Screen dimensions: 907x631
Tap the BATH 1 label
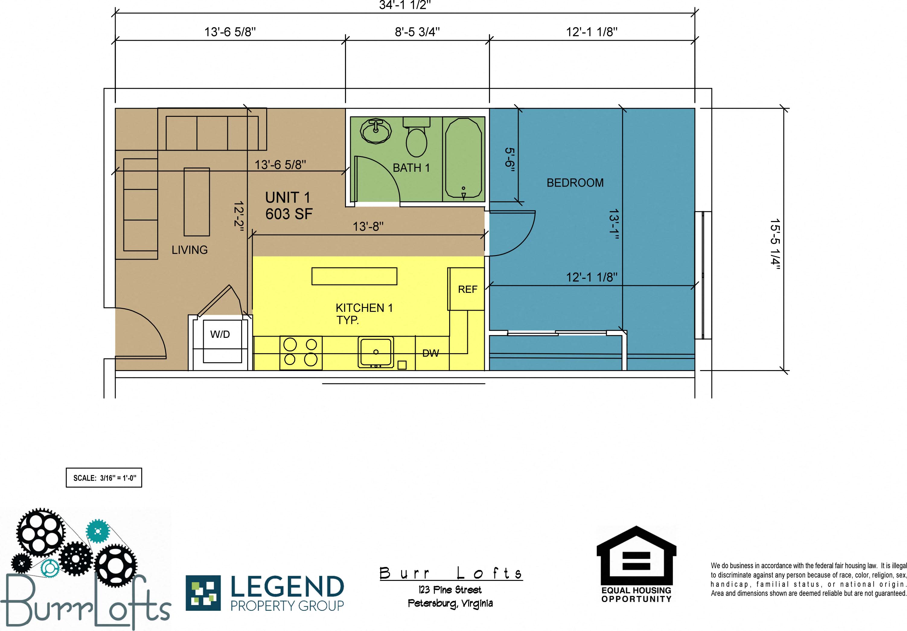pos(411,168)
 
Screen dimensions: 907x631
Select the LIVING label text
pos(189,250)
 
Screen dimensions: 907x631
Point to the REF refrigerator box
pos(466,289)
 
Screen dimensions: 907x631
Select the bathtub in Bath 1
pos(463,159)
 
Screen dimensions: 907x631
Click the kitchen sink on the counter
pos(376,352)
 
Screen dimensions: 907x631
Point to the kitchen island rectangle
pos(354,276)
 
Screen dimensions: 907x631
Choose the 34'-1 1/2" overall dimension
pos(405,5)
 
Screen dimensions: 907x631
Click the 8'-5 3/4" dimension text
pos(417,32)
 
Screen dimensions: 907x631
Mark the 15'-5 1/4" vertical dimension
pos(775,244)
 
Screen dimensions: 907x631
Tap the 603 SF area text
pos(289,214)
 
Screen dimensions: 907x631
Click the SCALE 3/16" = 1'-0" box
pos(104,478)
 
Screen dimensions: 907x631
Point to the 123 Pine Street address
pos(450,590)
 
